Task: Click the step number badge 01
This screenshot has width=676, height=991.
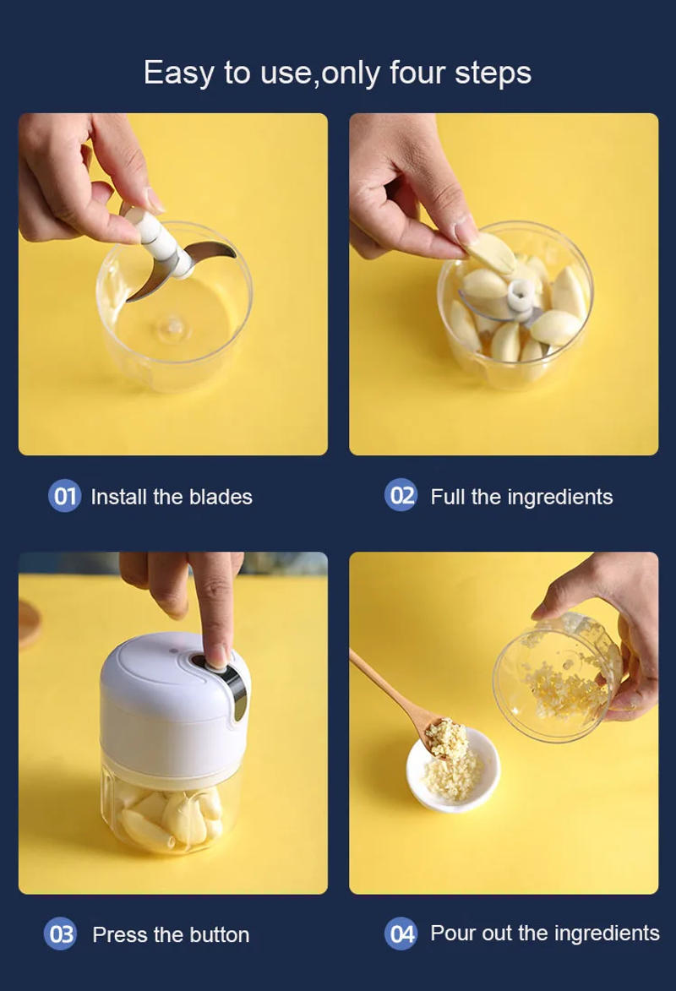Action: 64,496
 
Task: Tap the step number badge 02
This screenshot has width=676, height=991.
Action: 401,495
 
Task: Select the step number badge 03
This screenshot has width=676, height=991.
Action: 61,934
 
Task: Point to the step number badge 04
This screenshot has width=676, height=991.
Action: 401,934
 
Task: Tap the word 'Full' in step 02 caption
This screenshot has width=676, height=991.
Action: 448,497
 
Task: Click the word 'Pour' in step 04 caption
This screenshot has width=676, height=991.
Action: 453,933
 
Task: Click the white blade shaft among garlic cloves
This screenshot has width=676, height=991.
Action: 516,295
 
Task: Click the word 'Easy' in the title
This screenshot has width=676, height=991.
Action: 179,73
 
